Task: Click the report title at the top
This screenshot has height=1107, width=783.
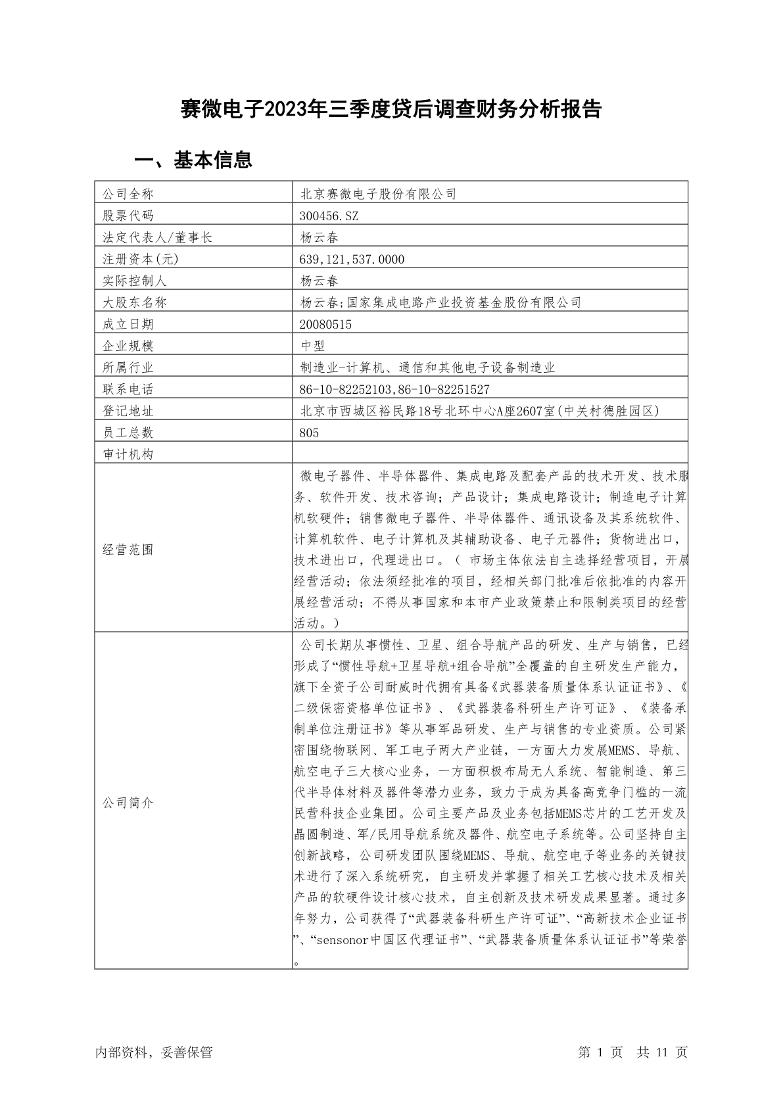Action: [391, 109]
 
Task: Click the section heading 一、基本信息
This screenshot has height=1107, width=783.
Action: [193, 160]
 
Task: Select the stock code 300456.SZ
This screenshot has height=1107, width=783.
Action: [329, 216]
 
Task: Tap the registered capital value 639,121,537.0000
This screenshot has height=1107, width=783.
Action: [352, 259]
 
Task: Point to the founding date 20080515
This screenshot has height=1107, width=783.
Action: [325, 324]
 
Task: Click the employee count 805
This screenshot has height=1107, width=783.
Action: [309, 433]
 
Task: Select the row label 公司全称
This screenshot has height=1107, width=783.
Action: [128, 194]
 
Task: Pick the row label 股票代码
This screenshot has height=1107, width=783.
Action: [128, 216]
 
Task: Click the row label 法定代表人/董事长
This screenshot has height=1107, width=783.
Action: [157, 237]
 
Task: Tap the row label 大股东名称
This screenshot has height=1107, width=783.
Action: [134, 302]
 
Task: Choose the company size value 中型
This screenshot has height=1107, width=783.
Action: [312, 346]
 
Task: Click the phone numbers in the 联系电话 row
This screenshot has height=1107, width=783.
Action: [394, 389]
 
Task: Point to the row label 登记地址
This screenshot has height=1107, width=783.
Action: [128, 411]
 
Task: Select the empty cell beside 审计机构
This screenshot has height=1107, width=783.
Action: [490, 454]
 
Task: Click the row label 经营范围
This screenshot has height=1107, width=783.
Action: [128, 550]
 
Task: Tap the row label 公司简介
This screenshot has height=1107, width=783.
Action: [128, 803]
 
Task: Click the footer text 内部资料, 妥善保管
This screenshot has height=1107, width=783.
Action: [154, 1052]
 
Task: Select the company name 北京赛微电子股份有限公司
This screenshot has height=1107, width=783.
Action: [378, 194]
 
